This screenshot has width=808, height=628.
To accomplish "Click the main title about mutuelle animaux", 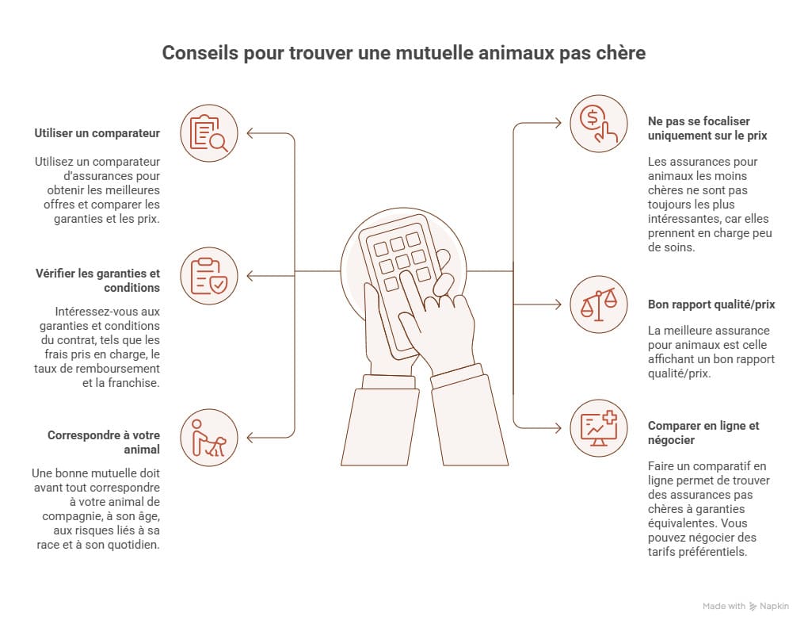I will pyautogui.click(x=404, y=53).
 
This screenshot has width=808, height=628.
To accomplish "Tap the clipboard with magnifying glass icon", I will pyautogui.click(x=209, y=132).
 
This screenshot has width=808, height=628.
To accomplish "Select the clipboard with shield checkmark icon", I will pyautogui.click(x=209, y=276).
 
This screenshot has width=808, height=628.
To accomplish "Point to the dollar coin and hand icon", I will pyautogui.click(x=599, y=123).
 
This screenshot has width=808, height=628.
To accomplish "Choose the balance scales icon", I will pyautogui.click(x=599, y=304).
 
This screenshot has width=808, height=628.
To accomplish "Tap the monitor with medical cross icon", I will pyautogui.click(x=599, y=428).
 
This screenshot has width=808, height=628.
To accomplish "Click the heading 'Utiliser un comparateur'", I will pyautogui.click(x=97, y=132).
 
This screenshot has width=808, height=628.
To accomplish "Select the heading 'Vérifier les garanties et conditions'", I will pyautogui.click(x=97, y=281).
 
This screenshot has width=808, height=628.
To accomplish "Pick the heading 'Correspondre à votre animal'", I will pyautogui.click(x=103, y=442).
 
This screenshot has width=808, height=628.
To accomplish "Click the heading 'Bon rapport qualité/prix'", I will pyautogui.click(x=711, y=304).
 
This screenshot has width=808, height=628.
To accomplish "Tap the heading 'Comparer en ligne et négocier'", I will pyautogui.click(x=703, y=432).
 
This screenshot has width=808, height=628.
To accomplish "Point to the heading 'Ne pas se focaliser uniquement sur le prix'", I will pyautogui.click(x=707, y=128).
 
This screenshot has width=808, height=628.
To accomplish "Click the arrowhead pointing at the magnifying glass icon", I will pyautogui.click(x=251, y=133).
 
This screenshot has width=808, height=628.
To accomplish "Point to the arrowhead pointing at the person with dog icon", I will pyautogui.click(x=251, y=438).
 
